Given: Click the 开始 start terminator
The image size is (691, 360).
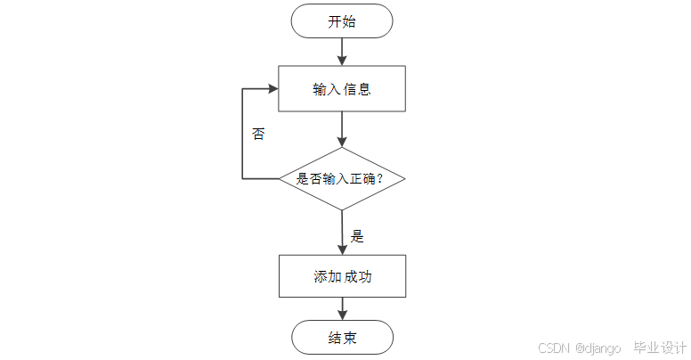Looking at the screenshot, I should point(342,21).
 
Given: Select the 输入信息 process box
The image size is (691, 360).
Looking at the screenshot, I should point(342,89).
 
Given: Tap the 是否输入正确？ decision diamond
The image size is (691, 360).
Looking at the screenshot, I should point(342,178).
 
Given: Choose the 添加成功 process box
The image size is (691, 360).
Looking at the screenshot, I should point(342,276).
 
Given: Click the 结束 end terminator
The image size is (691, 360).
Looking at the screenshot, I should point(342,338).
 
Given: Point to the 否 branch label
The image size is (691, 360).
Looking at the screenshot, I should point(258,135).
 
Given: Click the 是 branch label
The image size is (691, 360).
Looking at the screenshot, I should point(357,236).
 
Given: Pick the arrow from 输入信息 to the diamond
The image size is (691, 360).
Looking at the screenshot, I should point(342,129).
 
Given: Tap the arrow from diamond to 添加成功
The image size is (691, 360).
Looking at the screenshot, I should point(342,233).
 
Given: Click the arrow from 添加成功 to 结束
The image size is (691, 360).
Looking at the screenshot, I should point(342,308).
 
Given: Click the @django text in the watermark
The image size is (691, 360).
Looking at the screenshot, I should point(598,348).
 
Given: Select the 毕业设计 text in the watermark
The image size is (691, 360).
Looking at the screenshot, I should point(659,348).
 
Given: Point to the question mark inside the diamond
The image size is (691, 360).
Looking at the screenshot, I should point(380,179).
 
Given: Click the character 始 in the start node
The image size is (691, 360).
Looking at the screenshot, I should point(349,21).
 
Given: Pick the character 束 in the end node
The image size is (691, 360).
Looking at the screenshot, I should point(349,338).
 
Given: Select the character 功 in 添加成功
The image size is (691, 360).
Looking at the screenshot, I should point(364,276).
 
